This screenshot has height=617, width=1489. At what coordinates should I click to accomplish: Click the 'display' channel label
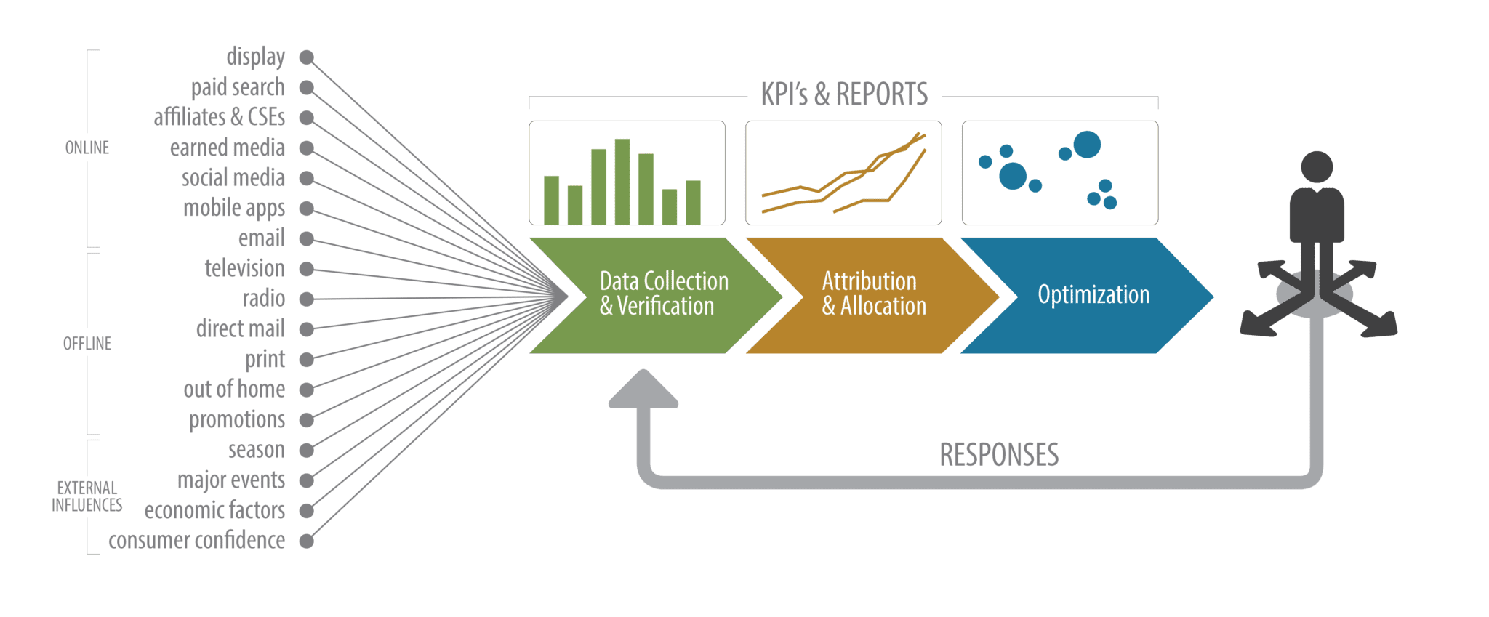click(x=255, y=57)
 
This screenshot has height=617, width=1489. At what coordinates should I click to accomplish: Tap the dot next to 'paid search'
click(x=307, y=88)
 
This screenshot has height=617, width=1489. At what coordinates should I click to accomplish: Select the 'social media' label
click(x=233, y=178)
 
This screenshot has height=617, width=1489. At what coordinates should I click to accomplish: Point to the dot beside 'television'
click(x=307, y=269)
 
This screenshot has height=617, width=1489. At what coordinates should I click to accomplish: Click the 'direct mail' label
click(x=240, y=329)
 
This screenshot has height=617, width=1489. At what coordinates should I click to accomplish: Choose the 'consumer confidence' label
click(x=196, y=541)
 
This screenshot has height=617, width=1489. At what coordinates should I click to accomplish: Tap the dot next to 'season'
click(x=307, y=451)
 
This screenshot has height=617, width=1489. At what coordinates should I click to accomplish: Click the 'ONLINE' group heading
click(x=87, y=148)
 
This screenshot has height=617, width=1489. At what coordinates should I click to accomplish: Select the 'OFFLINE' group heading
click(x=87, y=344)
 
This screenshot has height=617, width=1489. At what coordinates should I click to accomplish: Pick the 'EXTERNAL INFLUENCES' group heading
click(x=87, y=496)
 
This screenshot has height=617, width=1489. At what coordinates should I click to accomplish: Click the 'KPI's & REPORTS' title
click(x=844, y=94)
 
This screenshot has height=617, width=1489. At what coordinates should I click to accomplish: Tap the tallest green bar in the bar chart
click(x=622, y=181)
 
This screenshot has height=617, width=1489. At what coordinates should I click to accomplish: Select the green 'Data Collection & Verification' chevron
click(x=654, y=294)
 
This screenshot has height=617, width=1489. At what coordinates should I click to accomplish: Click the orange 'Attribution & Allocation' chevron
click(x=872, y=294)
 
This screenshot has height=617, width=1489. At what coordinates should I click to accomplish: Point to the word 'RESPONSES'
click(x=999, y=455)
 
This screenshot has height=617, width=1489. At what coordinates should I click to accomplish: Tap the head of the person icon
click(x=1317, y=167)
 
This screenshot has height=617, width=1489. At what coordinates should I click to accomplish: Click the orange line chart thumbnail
click(x=843, y=173)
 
